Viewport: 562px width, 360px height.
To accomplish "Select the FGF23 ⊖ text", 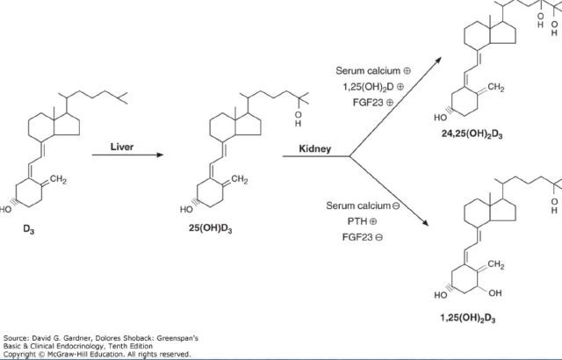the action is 363,237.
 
